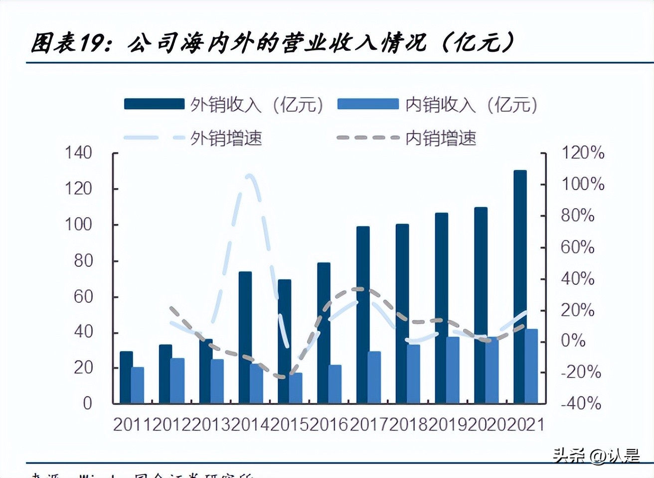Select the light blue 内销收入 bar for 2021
tap(532, 366)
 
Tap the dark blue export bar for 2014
tap(245, 337)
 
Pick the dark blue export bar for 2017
tap(363, 315)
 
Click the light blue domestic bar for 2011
tap(138, 385)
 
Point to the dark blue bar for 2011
tap(126, 377)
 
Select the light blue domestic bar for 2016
tap(335, 384)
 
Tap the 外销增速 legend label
tap(226, 138)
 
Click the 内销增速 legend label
tap(440, 138)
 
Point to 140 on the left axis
tap(78, 152)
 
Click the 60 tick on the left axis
tap(83, 297)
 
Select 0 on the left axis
tap(88, 403)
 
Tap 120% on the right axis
tap(583, 152)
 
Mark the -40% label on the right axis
tap(581, 403)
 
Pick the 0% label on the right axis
tap(573, 341)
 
